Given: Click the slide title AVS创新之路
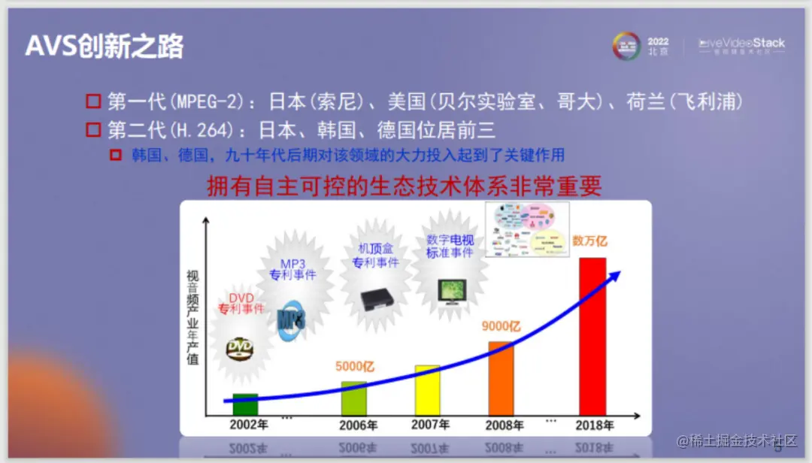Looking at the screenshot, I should [x=105, y=47].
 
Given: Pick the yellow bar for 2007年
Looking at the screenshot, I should [x=427, y=390].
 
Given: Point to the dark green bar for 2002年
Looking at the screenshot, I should [x=245, y=404].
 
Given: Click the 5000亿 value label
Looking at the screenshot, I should [x=354, y=367].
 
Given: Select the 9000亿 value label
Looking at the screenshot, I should [x=501, y=327].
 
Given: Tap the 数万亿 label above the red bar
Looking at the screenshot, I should [x=589, y=241].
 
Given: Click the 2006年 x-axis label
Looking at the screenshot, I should [x=358, y=425].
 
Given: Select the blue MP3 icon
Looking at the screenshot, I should [x=291, y=322].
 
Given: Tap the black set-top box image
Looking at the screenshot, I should [x=378, y=299].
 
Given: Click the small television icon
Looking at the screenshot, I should [x=453, y=291].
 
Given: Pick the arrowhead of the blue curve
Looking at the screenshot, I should [x=614, y=274].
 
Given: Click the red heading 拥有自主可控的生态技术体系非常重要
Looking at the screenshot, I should [x=404, y=186].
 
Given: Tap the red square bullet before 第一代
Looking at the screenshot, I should [x=93, y=101].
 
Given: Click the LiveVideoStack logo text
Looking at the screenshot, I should [x=741, y=44].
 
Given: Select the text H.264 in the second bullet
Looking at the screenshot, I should [x=198, y=130].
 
